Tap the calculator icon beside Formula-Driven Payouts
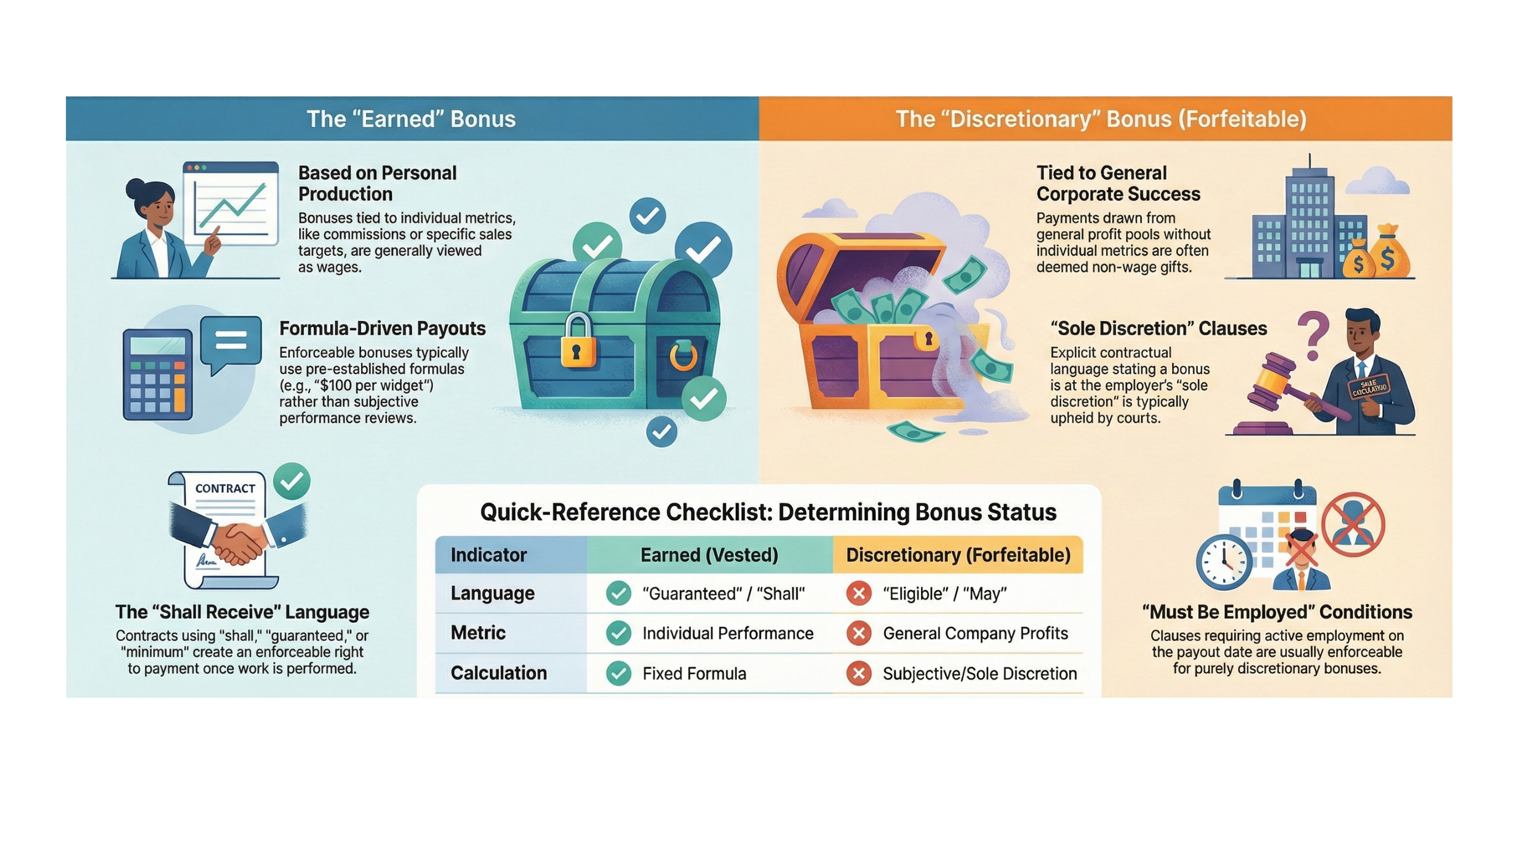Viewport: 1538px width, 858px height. click(157, 375)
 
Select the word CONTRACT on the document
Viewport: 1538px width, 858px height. click(225, 488)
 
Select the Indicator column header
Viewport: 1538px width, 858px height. click(488, 555)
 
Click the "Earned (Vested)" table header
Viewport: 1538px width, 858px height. click(709, 555)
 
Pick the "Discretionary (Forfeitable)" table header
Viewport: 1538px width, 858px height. click(958, 555)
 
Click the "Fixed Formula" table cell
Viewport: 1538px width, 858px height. click(694, 673)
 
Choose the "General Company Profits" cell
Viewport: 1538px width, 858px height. click(975, 634)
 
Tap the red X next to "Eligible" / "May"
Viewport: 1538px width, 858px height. click(859, 594)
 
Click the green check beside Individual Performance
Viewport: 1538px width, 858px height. click(618, 634)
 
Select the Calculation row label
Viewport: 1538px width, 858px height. click(498, 673)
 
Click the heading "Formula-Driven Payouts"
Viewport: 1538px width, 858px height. click(382, 328)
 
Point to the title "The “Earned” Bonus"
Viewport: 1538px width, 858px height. click(411, 119)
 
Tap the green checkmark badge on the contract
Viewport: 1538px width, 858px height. click(292, 481)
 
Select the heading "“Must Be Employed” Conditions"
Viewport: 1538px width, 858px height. click(1277, 612)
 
